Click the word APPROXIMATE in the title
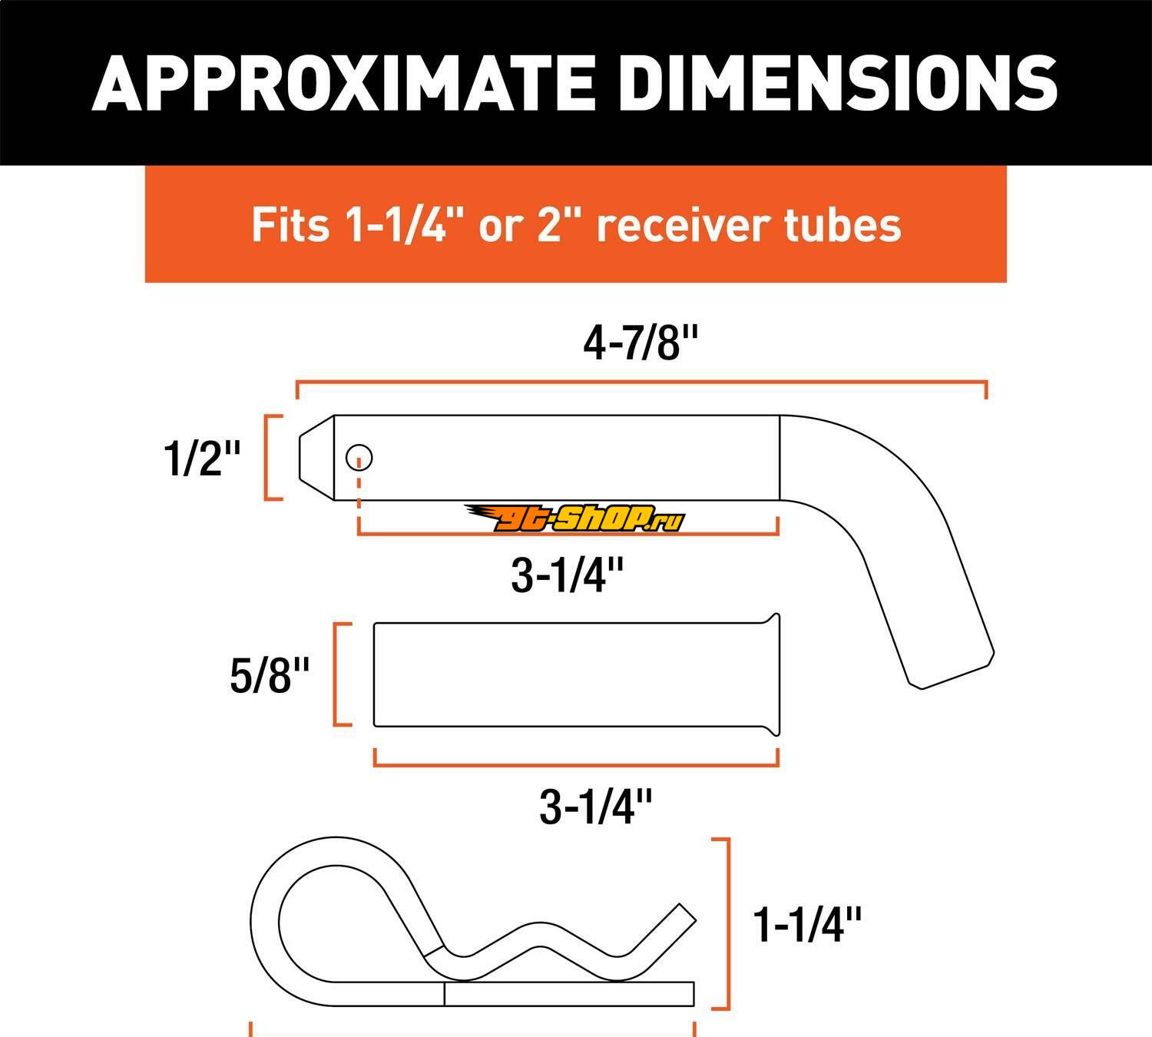pos(343,83)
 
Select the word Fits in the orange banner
pos(290,224)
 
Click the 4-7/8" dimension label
pos(641,344)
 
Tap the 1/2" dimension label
pos(201,458)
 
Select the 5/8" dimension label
pos(270,675)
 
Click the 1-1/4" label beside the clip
pos(807,925)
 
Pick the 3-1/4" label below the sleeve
pos(595,807)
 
